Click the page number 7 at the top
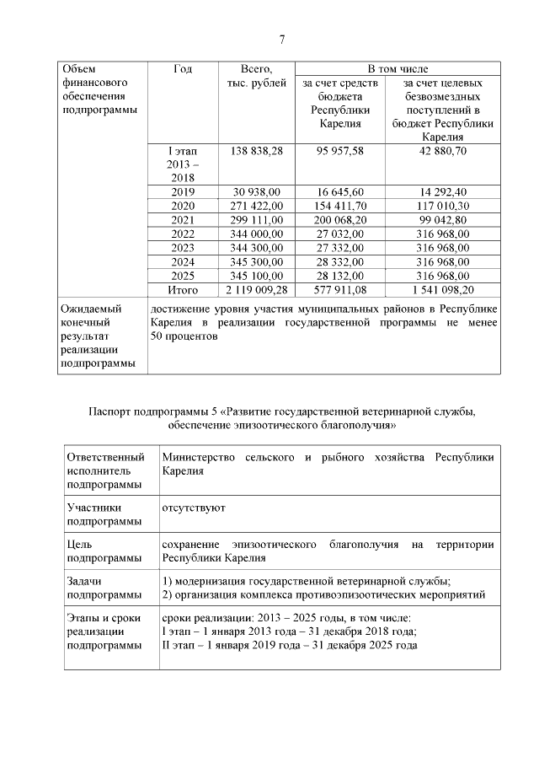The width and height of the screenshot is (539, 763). click(282, 40)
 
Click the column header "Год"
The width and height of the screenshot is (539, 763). click(182, 69)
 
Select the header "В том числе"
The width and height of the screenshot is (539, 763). click(395, 68)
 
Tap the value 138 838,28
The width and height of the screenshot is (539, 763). click(255, 151)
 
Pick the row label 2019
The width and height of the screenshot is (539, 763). click(182, 192)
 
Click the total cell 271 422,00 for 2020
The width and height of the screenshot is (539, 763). click(255, 206)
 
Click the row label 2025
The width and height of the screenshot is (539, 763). click(182, 277)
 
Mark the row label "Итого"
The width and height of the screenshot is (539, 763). click(182, 291)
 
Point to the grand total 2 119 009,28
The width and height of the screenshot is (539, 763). click(255, 291)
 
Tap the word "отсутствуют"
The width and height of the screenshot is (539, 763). click(193, 508)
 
